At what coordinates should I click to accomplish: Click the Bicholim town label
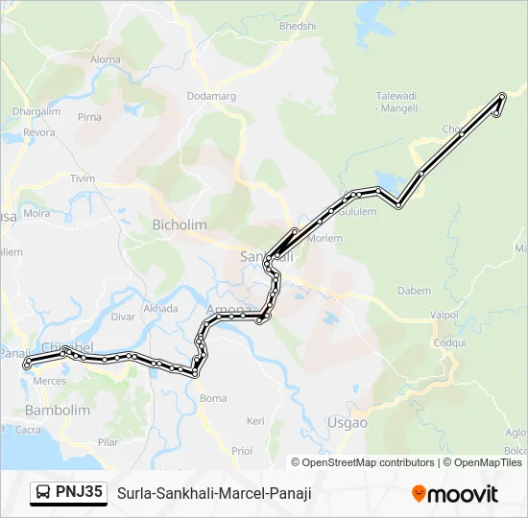(x=180, y=224)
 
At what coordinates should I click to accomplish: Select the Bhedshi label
(x=298, y=26)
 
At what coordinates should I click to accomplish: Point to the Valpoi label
(x=444, y=314)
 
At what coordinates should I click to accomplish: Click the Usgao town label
(x=347, y=422)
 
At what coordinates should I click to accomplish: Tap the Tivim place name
(x=84, y=178)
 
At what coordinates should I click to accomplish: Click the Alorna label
(x=106, y=59)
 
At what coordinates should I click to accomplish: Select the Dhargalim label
(x=36, y=111)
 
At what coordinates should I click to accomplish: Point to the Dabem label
(x=415, y=290)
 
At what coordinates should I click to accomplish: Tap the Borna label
(x=213, y=397)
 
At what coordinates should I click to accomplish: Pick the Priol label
(x=242, y=450)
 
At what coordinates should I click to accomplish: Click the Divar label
(x=124, y=316)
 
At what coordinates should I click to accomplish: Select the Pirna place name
(x=89, y=117)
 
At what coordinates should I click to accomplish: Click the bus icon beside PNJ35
(x=43, y=493)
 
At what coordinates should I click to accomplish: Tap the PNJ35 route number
(x=80, y=493)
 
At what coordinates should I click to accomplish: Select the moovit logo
(x=455, y=494)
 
